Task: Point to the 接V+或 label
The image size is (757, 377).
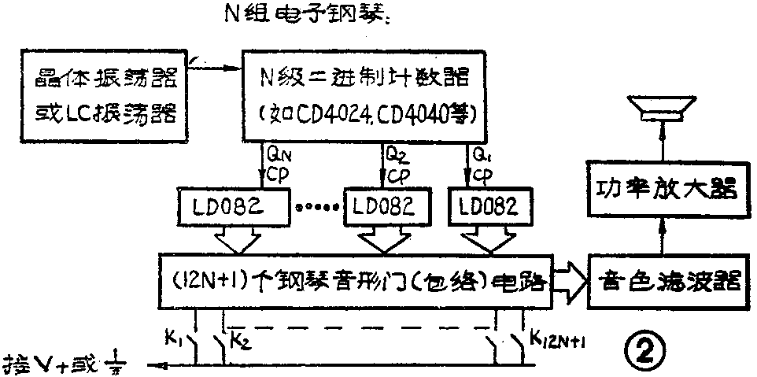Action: (x=63, y=365)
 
